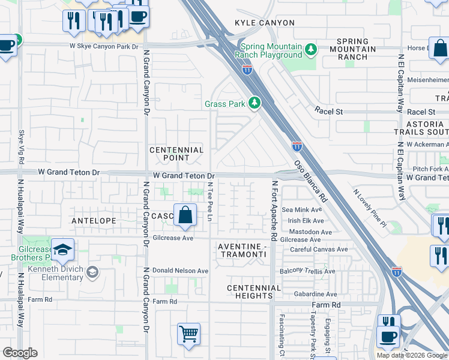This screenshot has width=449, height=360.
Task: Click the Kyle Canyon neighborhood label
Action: (265, 23)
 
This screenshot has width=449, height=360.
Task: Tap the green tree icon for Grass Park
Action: (255, 104)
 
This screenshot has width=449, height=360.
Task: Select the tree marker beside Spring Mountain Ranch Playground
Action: (310, 49)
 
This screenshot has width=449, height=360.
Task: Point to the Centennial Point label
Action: (176, 154)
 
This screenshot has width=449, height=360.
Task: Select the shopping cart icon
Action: (188, 334)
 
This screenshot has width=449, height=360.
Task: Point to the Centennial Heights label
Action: (254, 292)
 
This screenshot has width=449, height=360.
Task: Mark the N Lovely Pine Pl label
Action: (369, 207)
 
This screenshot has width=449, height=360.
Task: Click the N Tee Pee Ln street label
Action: (210, 205)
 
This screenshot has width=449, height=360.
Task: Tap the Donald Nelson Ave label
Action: (180, 271)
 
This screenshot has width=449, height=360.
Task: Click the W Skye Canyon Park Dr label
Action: (106, 45)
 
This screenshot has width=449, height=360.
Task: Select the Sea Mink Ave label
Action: (302, 210)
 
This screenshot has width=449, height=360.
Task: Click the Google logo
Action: (20, 353)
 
